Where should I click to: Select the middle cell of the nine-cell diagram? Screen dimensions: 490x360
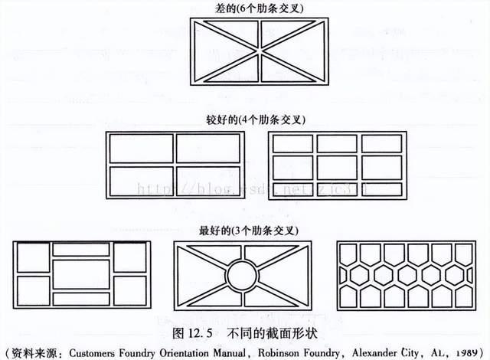pyautogui.click(x=337, y=165)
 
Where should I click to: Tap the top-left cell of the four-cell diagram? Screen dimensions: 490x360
pyautogui.click(x=142, y=149)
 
